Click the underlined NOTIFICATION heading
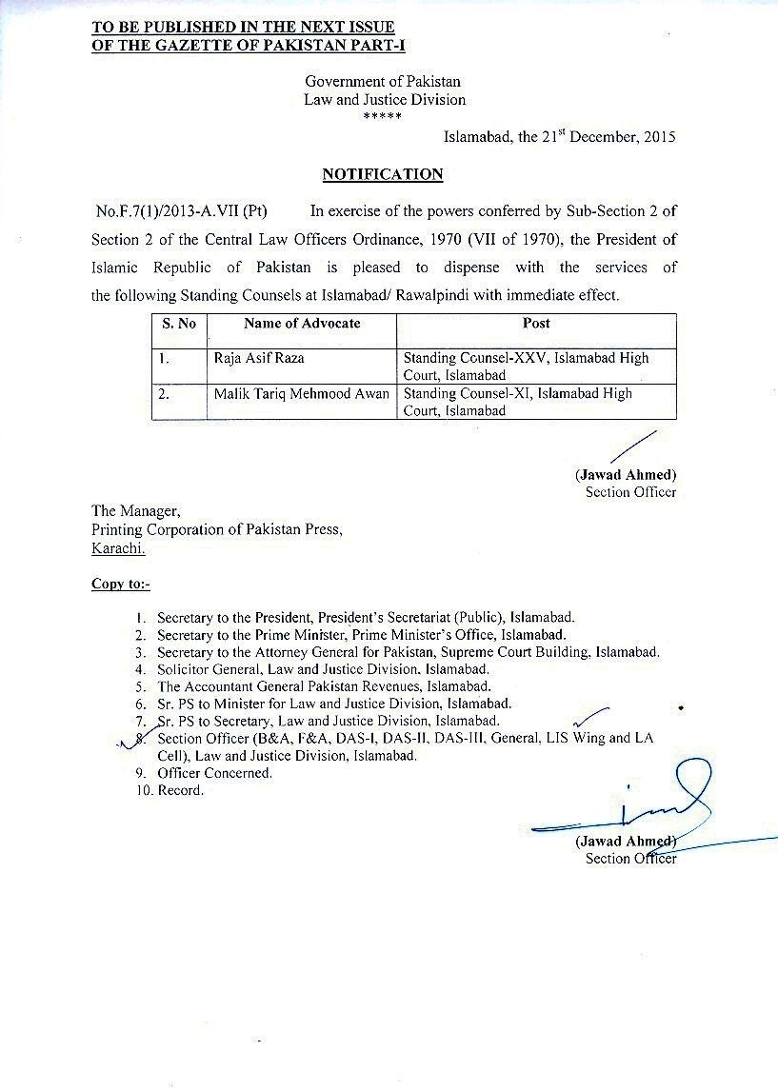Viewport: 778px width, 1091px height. click(382, 174)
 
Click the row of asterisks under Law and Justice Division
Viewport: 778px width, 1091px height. click(383, 117)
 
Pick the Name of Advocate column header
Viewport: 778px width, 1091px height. click(302, 324)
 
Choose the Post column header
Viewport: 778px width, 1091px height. click(536, 324)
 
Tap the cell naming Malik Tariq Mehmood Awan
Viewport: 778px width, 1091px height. click(302, 394)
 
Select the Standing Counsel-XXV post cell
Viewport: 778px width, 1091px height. click(526, 367)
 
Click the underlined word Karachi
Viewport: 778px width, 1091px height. click(118, 548)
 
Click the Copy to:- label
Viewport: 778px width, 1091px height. click(120, 584)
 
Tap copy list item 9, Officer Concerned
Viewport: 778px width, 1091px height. click(214, 773)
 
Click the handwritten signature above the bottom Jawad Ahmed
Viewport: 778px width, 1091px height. click(657, 807)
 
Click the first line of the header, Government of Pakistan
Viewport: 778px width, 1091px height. click(383, 82)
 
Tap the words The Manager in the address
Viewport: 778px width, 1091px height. click(135, 512)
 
